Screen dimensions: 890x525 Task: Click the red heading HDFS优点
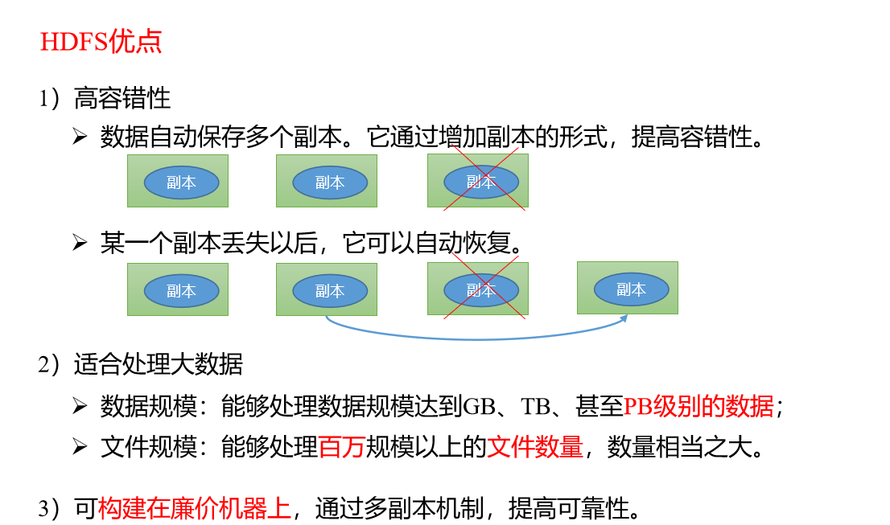(101, 42)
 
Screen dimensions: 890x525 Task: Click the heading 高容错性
(122, 98)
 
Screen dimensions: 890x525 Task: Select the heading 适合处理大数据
(159, 364)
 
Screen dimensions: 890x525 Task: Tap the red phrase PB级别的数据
(698, 406)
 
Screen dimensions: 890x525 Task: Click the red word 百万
(342, 447)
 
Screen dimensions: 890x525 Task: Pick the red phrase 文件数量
(535, 447)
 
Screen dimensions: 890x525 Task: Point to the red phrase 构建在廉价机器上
(194, 508)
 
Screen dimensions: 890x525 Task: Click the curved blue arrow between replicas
(476, 339)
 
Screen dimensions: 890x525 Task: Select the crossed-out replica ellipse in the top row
(481, 182)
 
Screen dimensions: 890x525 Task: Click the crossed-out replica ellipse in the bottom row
(481, 290)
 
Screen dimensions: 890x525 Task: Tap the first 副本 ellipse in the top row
(182, 183)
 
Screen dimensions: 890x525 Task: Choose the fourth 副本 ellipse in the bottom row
(631, 289)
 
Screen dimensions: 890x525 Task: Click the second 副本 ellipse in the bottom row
(330, 291)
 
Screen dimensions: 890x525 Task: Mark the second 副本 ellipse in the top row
(330, 183)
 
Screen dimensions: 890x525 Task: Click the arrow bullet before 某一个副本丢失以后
(80, 244)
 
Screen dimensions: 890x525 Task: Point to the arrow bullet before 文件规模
(80, 447)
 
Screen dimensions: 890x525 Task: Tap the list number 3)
(49, 509)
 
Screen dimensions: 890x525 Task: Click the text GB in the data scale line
(480, 407)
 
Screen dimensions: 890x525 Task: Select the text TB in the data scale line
(537, 407)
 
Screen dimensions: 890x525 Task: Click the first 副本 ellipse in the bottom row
(182, 291)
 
